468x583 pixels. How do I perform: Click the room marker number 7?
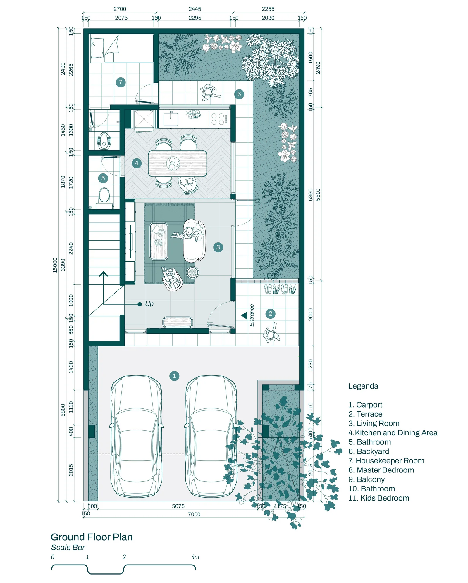pos(121,82)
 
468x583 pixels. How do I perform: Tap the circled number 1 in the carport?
pos(174,376)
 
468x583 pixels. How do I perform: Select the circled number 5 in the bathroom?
pos(103,178)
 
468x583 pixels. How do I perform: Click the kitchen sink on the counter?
pos(171,119)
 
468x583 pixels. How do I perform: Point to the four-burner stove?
pos(218,119)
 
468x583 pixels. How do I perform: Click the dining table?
pos(178,163)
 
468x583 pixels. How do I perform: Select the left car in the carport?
pos(136,436)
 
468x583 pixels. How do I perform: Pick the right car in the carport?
pos(211,436)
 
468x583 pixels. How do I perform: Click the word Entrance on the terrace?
pos(252,315)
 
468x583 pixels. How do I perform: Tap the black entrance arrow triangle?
pos(244,315)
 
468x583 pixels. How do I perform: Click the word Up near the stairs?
pos(149,304)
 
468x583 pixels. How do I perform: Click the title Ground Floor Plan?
pos(92,537)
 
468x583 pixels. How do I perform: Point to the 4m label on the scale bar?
pos(195,557)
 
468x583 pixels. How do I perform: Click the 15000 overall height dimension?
pos(55,265)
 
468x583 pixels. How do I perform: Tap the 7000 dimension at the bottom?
pos(194,514)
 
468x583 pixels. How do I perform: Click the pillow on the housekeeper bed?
pos(97,48)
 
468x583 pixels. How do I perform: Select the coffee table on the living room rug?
pos(159,242)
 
